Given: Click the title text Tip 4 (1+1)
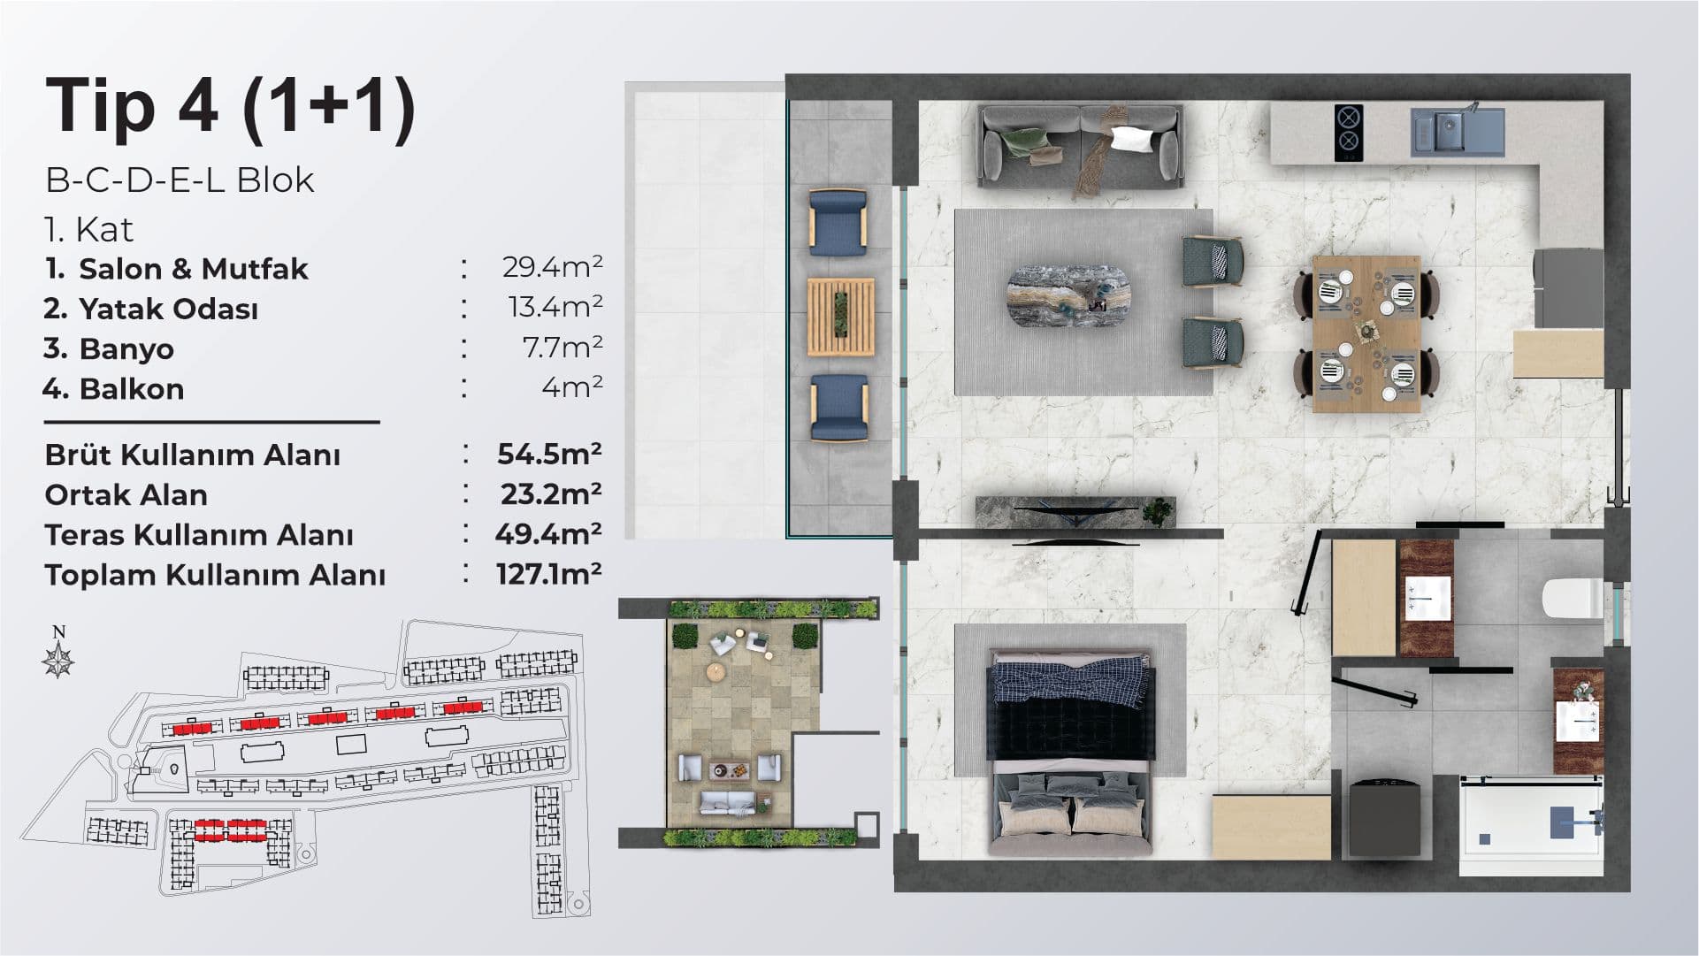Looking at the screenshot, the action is (x=231, y=109).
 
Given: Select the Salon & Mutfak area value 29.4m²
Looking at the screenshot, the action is (x=552, y=267).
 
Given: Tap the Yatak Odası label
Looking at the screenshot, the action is (x=168, y=309).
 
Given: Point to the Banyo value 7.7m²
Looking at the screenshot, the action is (x=563, y=347).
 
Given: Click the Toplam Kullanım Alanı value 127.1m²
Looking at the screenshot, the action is (x=549, y=573).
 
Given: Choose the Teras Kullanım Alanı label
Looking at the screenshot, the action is (x=199, y=535).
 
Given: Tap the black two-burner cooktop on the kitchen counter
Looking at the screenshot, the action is (x=1348, y=133).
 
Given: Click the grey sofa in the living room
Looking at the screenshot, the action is (x=1080, y=146).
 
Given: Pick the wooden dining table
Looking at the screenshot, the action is (x=1366, y=333).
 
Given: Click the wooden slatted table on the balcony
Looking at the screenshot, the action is (x=840, y=317).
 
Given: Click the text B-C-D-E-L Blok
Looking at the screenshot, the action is (x=180, y=180).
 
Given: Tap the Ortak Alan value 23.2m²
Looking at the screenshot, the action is (x=551, y=493).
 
